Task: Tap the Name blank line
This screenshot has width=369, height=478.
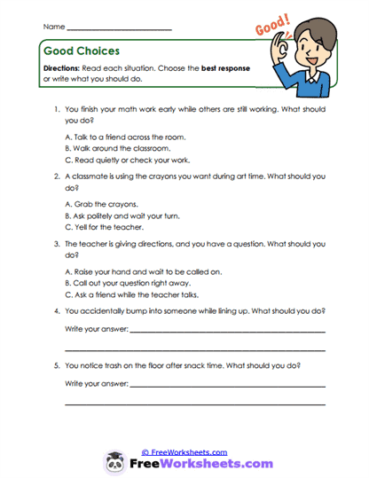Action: pyautogui.click(x=119, y=28)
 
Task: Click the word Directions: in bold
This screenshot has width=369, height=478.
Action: pyautogui.click(x=67, y=68)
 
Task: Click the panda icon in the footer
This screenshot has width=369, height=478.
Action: pyautogui.click(x=117, y=460)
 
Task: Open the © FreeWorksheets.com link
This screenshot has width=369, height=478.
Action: pyautogui.click(x=184, y=451)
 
